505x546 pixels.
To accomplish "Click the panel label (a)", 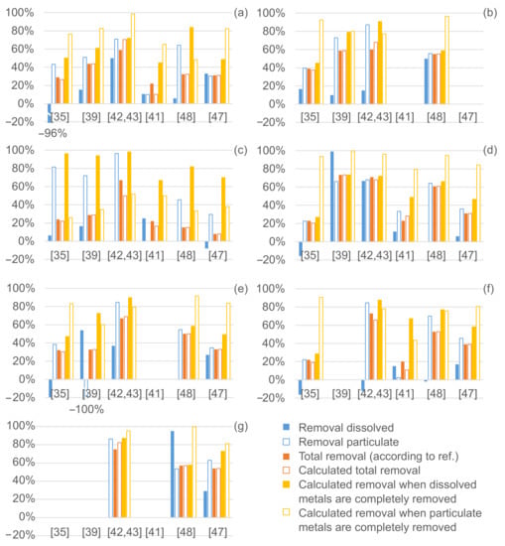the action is coord(241,13).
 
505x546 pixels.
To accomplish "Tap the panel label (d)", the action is coord(490,151).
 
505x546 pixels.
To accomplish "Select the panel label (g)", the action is coord(241,426).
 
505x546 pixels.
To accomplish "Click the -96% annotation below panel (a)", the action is coord(53,133).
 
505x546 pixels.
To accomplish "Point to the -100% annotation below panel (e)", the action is coord(86,409).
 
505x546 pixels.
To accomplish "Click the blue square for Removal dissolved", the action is coord(286,427).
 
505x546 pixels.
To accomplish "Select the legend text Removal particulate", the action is coord(348,442).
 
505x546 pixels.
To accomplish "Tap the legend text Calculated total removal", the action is coord(359,471).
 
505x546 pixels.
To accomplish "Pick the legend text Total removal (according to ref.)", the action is coord(379,457).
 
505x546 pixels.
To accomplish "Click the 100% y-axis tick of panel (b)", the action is coord(271,13).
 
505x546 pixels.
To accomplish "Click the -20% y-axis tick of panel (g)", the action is coord(21,534).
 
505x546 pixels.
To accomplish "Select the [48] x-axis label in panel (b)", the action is coord(437,117).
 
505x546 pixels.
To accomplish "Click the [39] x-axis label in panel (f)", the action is coord(341,393).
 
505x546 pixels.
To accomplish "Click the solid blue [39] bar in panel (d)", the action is coord(332,197).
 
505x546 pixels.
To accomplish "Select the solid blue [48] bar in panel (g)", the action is coord(173,475).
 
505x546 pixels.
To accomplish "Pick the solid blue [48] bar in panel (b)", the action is coord(427,81).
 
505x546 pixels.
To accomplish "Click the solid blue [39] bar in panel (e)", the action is coord(81,354).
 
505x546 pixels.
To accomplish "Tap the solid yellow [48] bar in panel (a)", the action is coord(191,66).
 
